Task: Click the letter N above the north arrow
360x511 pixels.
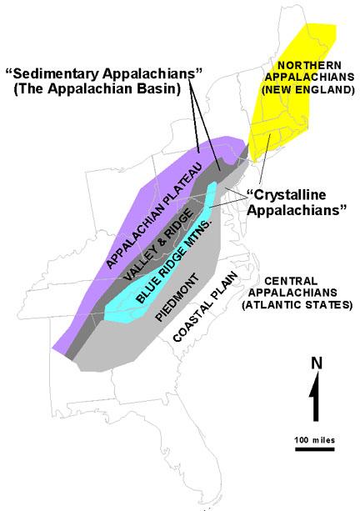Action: (x=315, y=363)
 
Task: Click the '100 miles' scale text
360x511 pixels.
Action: (x=314, y=438)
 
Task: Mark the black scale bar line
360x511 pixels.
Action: (x=314, y=450)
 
